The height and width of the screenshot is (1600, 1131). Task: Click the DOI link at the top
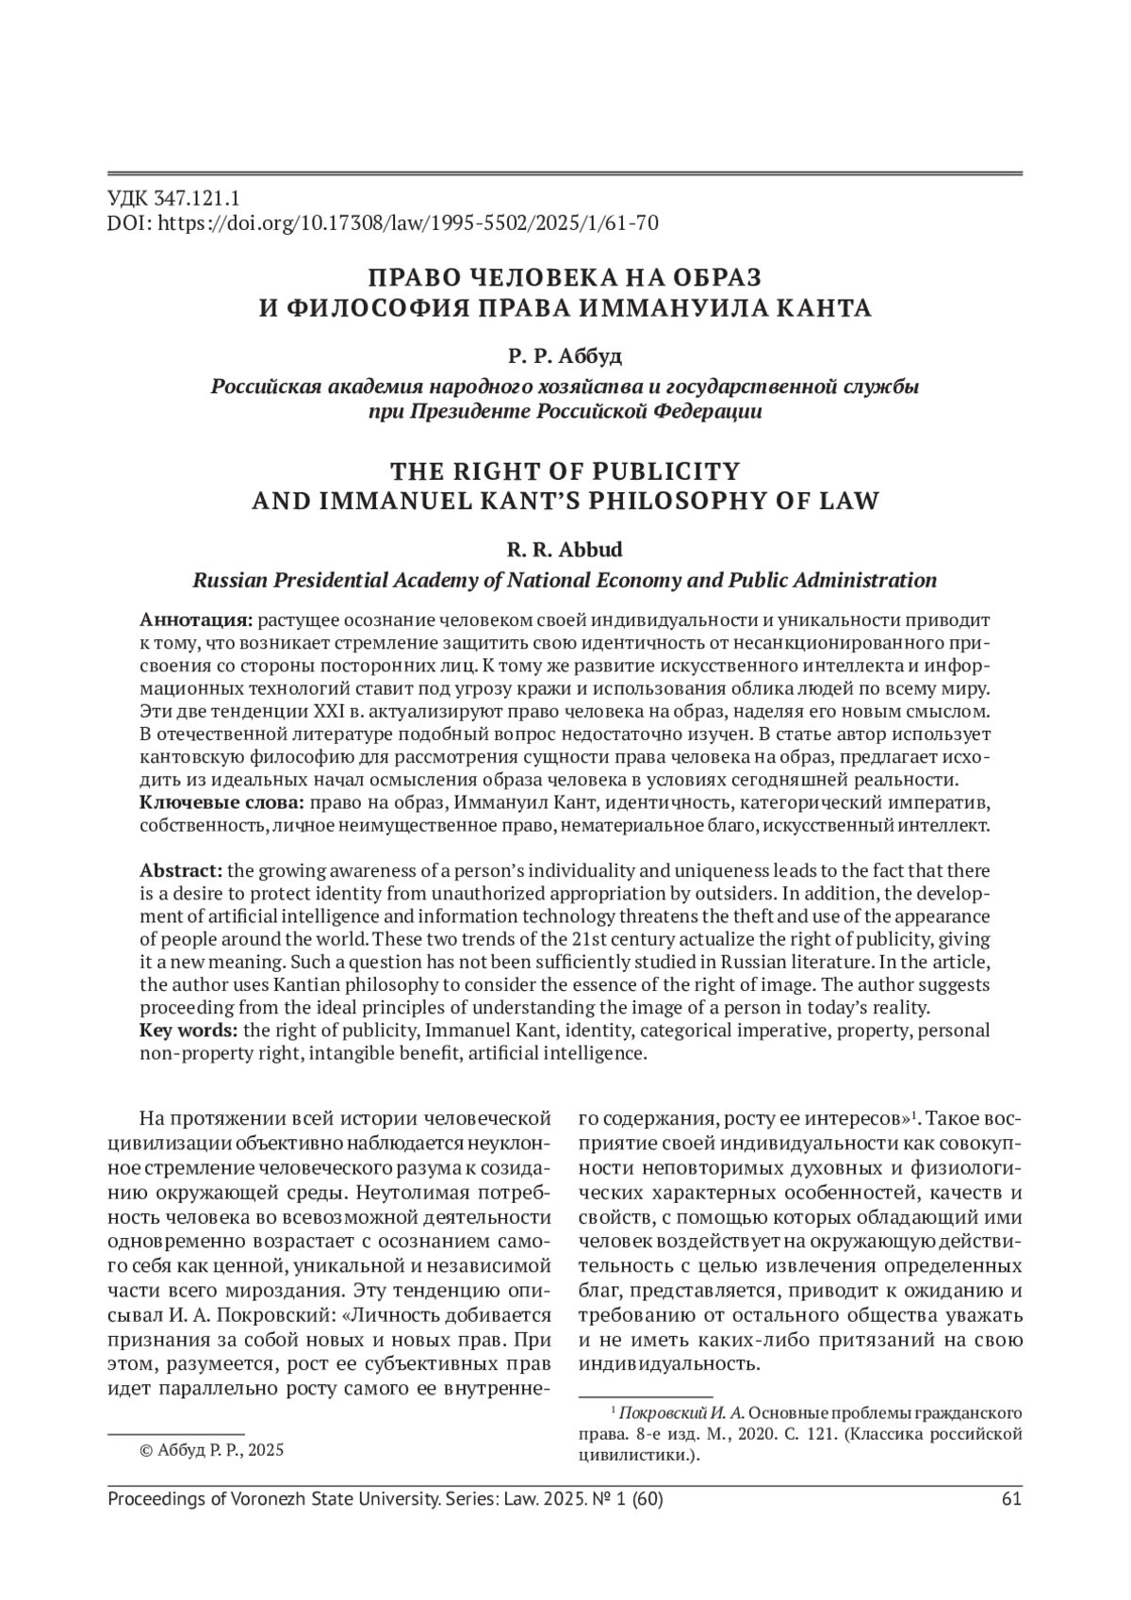click(406, 223)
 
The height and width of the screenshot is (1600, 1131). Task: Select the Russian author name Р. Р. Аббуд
click(565, 356)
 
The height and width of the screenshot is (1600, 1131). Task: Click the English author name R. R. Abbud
click(565, 550)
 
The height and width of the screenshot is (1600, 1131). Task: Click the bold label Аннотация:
click(196, 620)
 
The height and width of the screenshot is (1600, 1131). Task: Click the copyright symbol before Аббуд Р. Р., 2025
click(146, 1450)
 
